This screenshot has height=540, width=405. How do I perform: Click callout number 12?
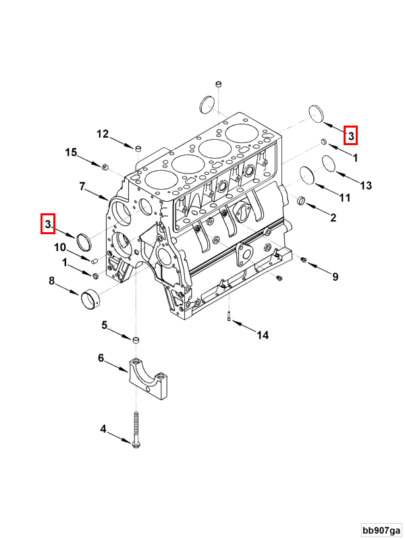click(x=102, y=134)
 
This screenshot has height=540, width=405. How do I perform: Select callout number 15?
click(x=71, y=153)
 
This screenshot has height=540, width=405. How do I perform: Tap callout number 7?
click(x=82, y=186)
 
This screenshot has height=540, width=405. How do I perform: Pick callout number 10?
click(x=60, y=247)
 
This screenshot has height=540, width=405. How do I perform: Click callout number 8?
click(x=51, y=281)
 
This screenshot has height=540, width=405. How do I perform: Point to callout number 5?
click(x=105, y=325)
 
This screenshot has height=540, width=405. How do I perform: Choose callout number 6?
click(x=101, y=358)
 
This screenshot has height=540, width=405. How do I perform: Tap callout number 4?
click(x=103, y=429)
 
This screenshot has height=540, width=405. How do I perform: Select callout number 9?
click(x=335, y=276)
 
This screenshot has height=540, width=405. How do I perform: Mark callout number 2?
click(x=333, y=217)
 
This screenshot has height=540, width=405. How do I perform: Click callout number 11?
click(x=344, y=198)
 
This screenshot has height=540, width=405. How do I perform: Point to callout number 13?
click(x=366, y=185)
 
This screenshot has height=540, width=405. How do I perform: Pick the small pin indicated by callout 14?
click(x=230, y=315)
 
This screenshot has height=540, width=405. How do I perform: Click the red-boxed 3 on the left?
click(x=47, y=223)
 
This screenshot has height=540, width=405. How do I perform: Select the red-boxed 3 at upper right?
click(x=350, y=135)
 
